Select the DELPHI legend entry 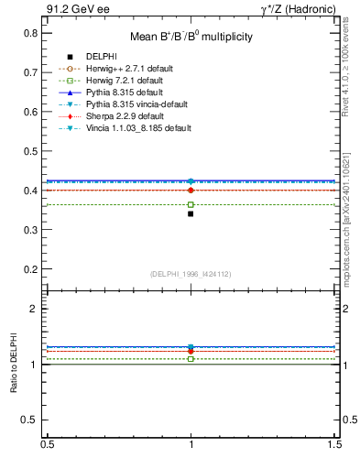point(103,57)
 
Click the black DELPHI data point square point(191,213)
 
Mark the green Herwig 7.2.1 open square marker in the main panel point(191,204)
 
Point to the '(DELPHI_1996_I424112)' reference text point(191,274)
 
